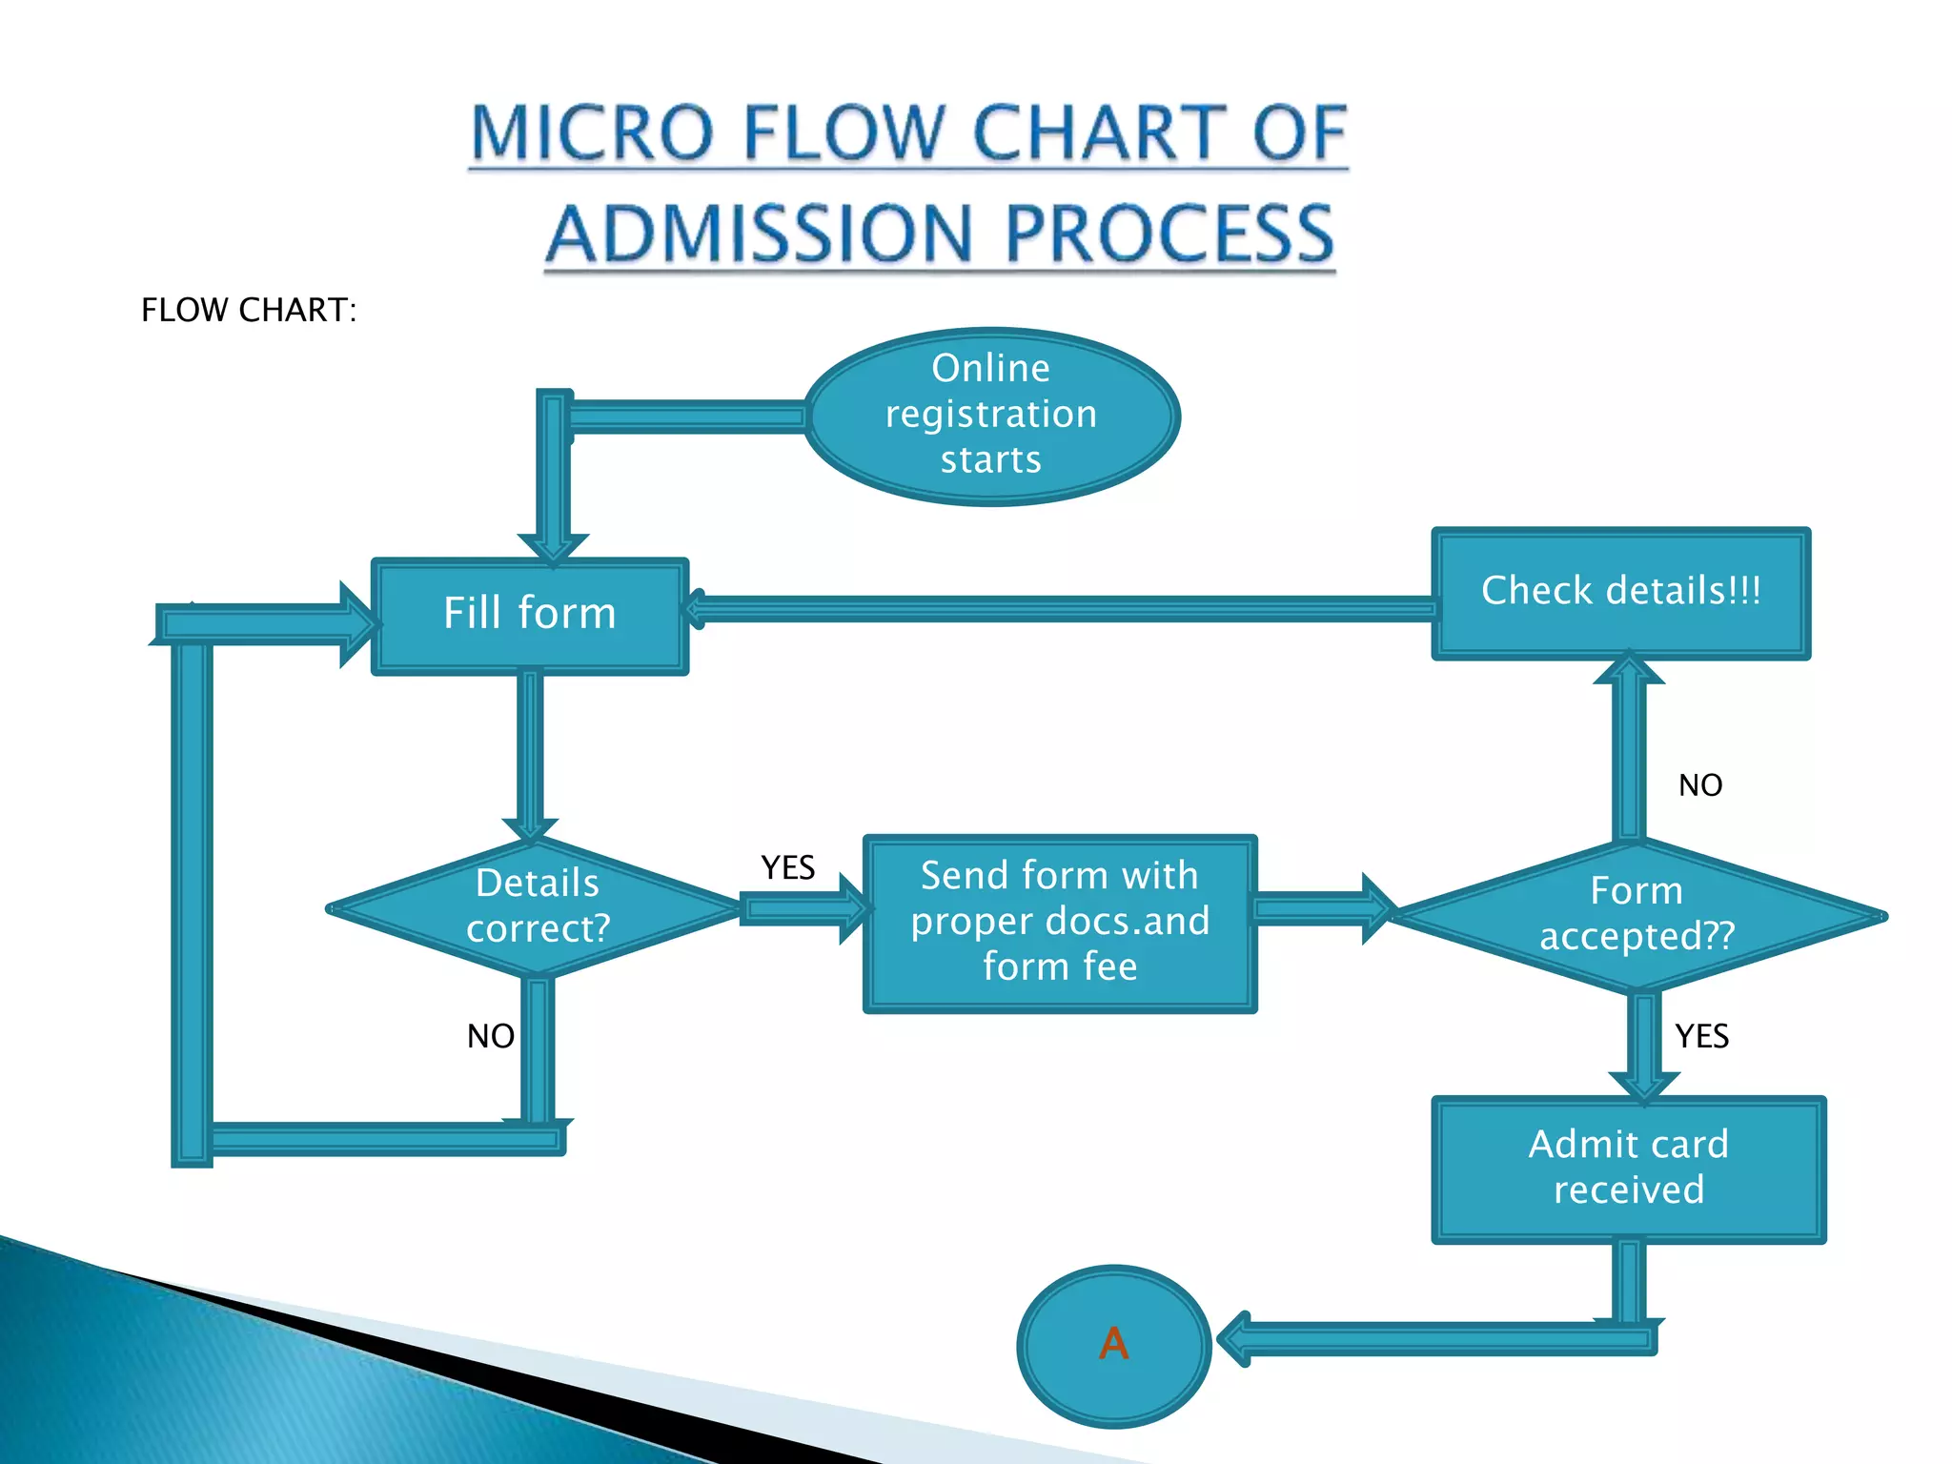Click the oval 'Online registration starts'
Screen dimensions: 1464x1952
click(x=991, y=416)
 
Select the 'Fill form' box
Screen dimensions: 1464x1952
click(x=530, y=615)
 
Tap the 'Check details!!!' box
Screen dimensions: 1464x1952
click(x=1620, y=592)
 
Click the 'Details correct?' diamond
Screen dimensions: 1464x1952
click(x=537, y=906)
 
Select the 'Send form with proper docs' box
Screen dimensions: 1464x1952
click(x=1059, y=922)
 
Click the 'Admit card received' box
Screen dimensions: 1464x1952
click(x=1628, y=1168)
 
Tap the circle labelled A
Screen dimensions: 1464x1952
click(x=1113, y=1344)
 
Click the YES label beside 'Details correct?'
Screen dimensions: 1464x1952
click(x=787, y=867)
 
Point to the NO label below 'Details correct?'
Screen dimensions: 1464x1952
click(x=490, y=1036)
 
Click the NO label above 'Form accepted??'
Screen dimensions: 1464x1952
click(x=1699, y=785)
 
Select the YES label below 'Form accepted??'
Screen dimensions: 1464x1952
click(x=1701, y=1036)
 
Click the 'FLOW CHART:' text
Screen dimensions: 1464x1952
click(x=249, y=310)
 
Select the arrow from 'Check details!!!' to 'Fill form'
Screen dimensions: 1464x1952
click(x=1058, y=608)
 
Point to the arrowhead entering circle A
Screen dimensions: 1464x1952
click(x=1235, y=1339)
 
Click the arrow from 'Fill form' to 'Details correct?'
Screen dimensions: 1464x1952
click(x=530, y=753)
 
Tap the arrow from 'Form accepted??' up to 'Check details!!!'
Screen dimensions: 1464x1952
click(x=1629, y=753)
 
